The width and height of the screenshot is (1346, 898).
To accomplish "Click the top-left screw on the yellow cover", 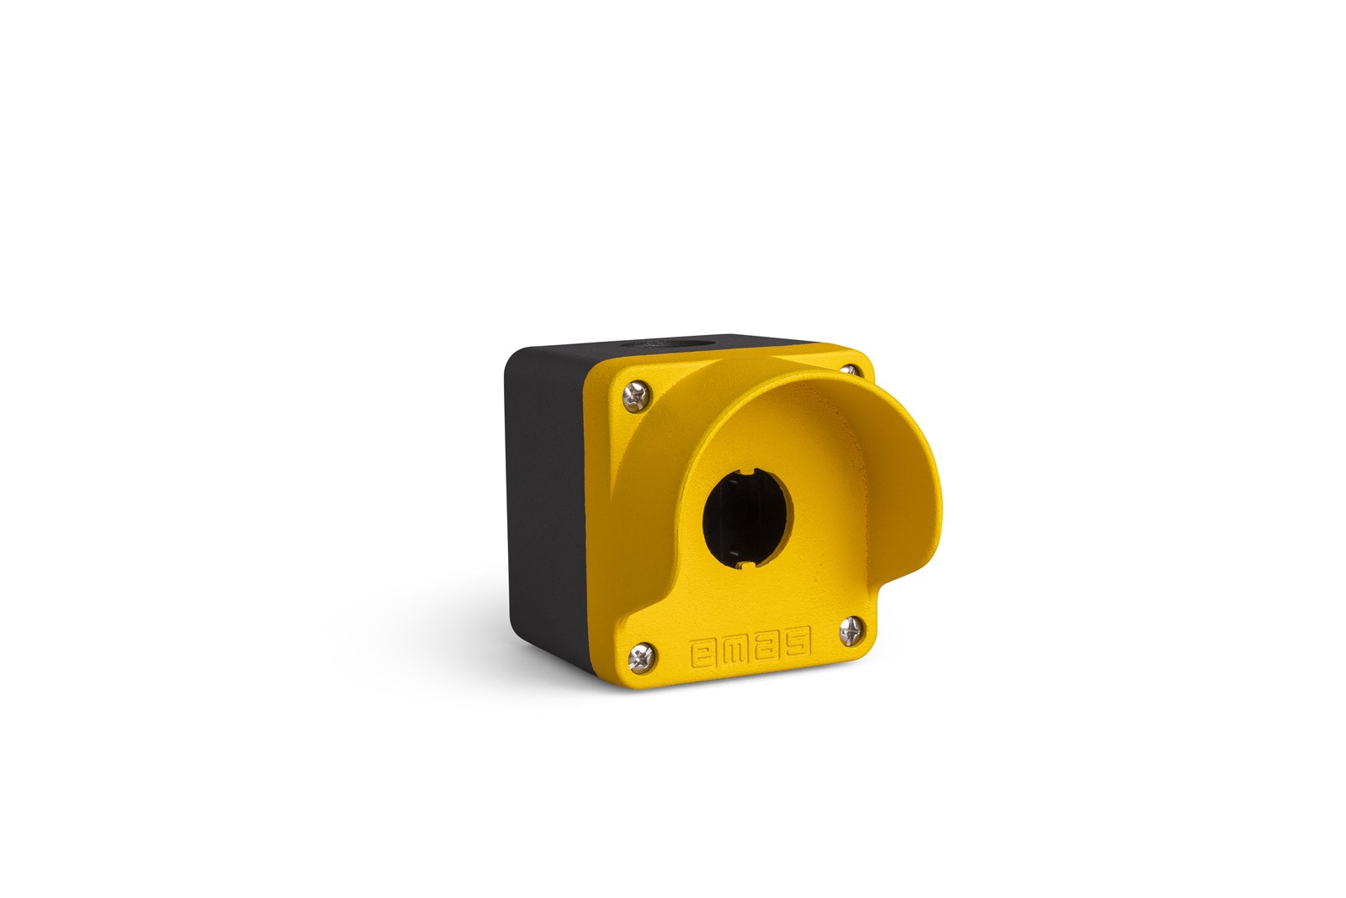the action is (636, 396).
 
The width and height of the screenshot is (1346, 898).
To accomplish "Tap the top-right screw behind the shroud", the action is (850, 371).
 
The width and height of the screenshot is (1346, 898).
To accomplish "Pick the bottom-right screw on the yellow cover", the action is (851, 632).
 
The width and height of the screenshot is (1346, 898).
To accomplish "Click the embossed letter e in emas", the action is (704, 654).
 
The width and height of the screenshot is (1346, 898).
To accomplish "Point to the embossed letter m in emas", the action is (736, 651).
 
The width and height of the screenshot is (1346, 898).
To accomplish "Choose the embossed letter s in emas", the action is (798, 642).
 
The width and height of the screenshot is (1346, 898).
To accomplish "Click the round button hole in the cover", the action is (748, 518).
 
